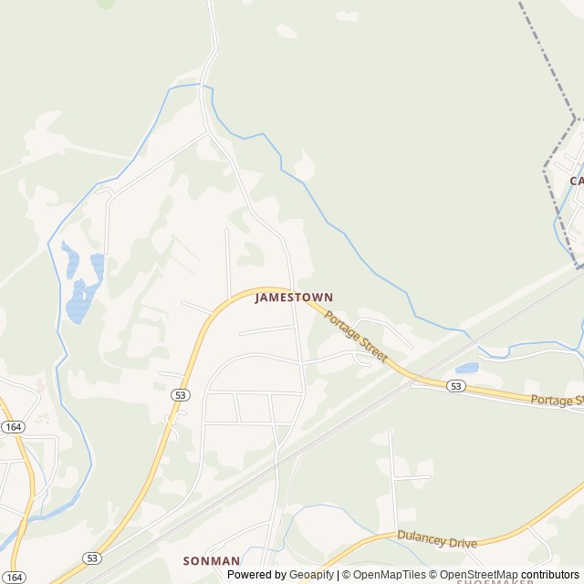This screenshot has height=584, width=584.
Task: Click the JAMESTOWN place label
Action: tap(294, 297)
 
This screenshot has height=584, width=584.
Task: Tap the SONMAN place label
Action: tap(211, 561)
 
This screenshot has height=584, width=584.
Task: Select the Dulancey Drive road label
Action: tap(436, 539)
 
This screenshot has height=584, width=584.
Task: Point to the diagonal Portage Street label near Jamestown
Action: tap(356, 338)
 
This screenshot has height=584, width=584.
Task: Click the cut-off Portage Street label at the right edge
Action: tap(558, 400)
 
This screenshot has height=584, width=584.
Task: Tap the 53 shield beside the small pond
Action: tap(456, 387)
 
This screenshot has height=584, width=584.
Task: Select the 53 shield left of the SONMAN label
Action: tap(91, 558)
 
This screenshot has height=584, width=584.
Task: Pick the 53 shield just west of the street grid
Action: tap(181, 394)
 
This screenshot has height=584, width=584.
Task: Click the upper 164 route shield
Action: tap(12, 426)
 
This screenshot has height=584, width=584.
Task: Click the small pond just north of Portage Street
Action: tap(466, 369)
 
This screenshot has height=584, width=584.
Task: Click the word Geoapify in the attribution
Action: tap(310, 575)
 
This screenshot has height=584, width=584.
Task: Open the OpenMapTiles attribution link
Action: tap(389, 575)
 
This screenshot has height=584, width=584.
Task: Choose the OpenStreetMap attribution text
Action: tap(479, 575)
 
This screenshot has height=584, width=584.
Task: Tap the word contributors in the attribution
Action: tap(551, 575)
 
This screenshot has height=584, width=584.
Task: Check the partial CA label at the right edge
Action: tap(577, 181)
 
